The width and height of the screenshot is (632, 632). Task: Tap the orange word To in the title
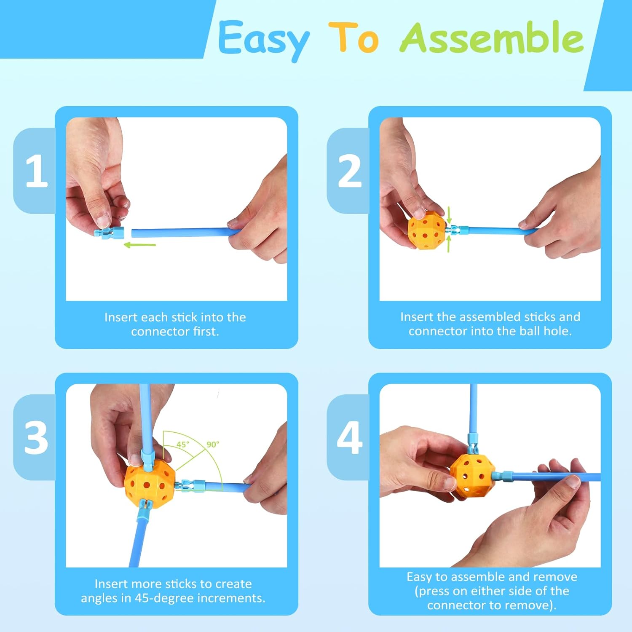coord(354,37)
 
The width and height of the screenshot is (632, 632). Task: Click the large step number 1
coord(36,171)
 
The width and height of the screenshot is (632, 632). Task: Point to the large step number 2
coord(350,171)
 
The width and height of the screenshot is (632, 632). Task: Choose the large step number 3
coord(36,438)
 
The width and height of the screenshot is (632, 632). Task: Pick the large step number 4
coord(350,438)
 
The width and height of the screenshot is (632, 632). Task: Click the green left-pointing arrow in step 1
coord(140,245)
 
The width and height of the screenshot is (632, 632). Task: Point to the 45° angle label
coord(183,445)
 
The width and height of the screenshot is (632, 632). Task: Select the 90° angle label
coord(213,445)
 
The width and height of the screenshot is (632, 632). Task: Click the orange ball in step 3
coord(150,483)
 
